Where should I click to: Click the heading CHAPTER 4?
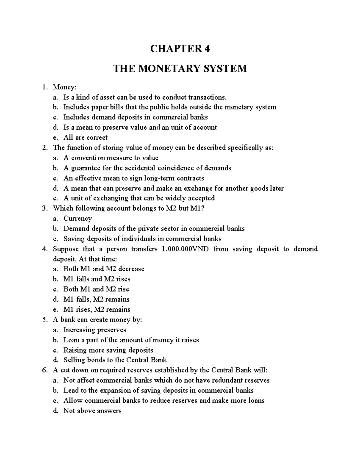(x=180, y=49)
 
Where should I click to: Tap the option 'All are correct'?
(x=85, y=138)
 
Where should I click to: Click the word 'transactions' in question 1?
(x=207, y=97)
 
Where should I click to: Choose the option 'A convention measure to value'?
(x=111, y=158)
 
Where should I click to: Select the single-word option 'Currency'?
(x=77, y=218)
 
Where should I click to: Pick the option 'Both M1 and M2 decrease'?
(x=103, y=269)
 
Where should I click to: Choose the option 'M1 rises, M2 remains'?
(x=97, y=309)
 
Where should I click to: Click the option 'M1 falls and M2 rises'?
(x=97, y=279)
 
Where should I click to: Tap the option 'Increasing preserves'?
(x=94, y=330)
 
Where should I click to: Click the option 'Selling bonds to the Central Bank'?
(x=115, y=360)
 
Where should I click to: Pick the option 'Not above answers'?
(x=92, y=411)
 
